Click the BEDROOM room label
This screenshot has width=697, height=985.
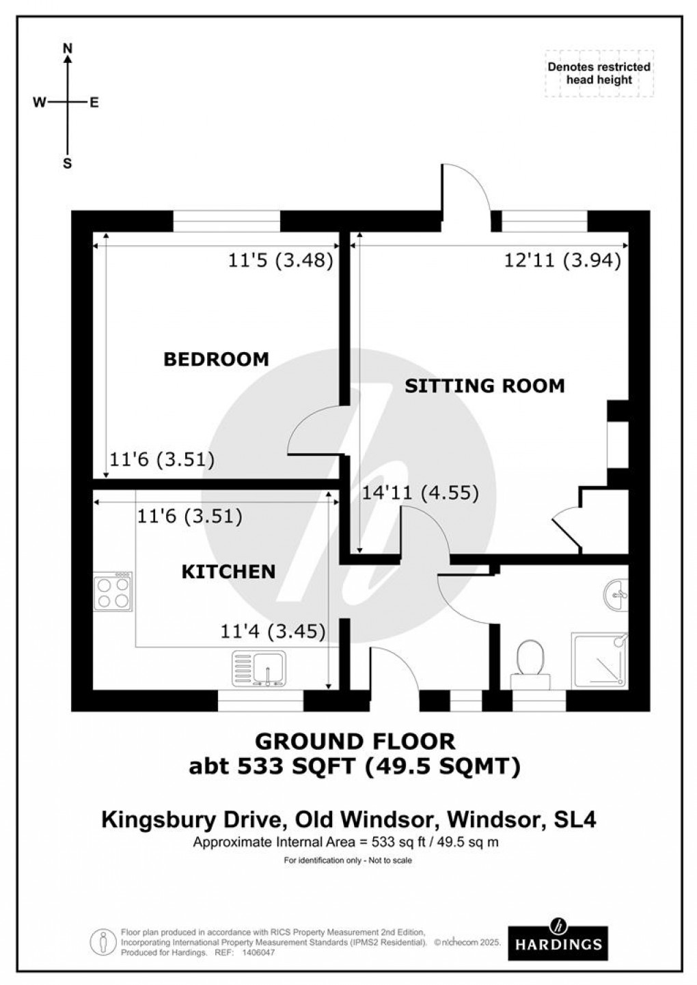tap(216, 359)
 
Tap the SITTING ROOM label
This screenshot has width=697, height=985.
tap(484, 386)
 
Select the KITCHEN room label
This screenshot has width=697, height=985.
tap(228, 571)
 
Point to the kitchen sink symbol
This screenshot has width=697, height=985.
tap(260, 668)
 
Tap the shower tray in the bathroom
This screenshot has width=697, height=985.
tap(599, 660)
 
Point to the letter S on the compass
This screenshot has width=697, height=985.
tap(68, 164)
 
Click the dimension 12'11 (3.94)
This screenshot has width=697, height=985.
tap(562, 260)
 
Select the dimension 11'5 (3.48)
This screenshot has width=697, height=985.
tap(280, 260)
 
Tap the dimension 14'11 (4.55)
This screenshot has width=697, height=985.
tap(420, 492)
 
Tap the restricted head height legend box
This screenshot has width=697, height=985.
tap(599, 73)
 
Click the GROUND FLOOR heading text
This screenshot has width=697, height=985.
tap(355, 741)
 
